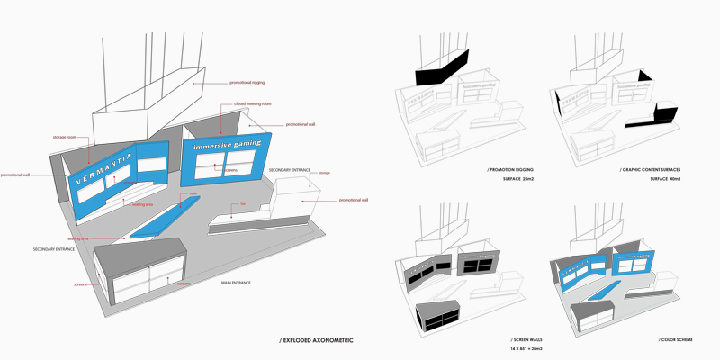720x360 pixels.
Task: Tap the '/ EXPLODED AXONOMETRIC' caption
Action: (316, 340)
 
